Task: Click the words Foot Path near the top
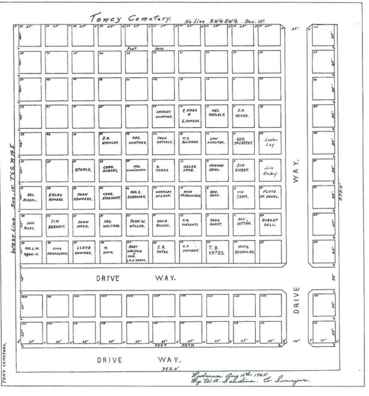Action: coord(146,49)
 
